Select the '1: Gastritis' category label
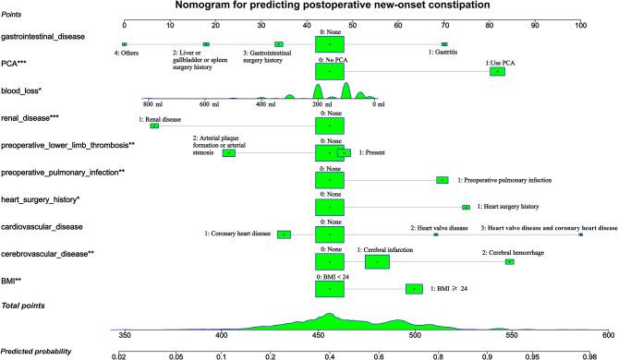tap(444, 53)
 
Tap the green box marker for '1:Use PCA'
tap(498, 71)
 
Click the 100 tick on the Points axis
tap(580, 24)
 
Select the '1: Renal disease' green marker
tap(154, 126)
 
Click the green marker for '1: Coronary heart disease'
tap(284, 234)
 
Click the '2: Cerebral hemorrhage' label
tap(510, 252)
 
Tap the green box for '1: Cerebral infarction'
tap(377, 262)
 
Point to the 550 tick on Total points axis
tap(503, 336)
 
